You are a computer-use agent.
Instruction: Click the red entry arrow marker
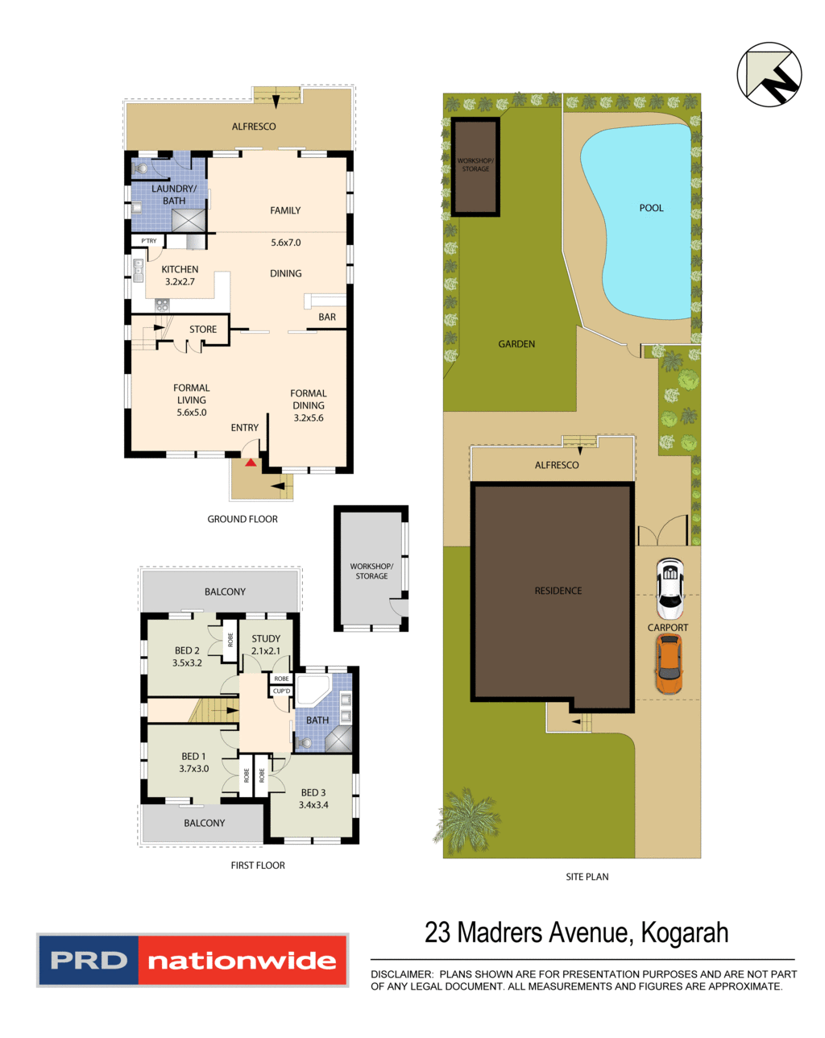point(251,463)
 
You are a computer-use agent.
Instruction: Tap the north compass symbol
point(769,74)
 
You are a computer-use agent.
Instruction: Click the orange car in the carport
point(668,663)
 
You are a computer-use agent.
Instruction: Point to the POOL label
point(651,208)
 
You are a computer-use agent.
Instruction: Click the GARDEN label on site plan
point(516,344)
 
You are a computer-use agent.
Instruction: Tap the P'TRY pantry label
point(149,241)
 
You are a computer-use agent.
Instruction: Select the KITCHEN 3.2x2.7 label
point(180,276)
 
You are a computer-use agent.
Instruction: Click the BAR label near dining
point(327,317)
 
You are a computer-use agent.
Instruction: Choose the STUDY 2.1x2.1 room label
point(266,645)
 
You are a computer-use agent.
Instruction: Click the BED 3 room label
point(313,799)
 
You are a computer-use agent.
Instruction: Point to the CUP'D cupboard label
point(281,691)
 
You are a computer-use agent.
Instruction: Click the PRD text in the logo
point(89,961)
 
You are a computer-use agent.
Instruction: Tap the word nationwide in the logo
point(242,961)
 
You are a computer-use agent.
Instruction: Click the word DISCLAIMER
point(401,974)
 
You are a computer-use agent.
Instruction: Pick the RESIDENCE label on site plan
point(558,591)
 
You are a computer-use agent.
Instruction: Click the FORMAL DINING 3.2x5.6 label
point(309,406)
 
